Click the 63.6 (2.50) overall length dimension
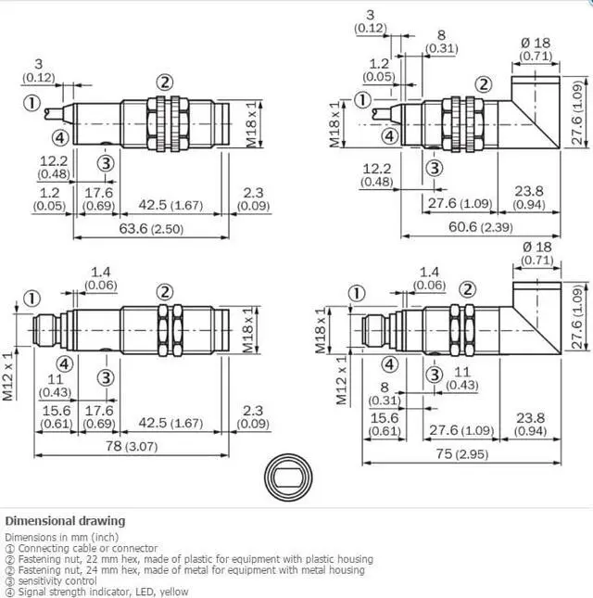151,229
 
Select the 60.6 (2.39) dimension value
481,227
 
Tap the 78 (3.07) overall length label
132,446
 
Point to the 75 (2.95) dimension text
462,454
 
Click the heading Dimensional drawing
65,521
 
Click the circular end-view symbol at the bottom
288,477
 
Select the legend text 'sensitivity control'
57,580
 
